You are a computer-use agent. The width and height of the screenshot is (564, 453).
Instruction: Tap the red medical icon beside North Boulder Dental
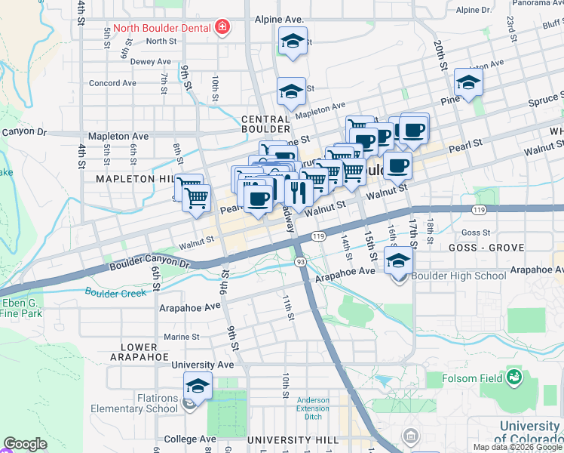tap(222, 29)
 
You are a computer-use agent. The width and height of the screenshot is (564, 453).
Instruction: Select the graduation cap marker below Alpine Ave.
tap(292, 42)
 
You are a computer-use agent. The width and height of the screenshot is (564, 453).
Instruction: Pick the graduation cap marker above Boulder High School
tap(398, 260)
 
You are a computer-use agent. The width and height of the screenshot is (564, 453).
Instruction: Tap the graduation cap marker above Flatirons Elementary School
tap(198, 386)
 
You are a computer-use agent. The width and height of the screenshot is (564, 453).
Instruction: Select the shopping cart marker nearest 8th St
tap(196, 199)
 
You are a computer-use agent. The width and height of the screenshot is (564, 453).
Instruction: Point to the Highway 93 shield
tap(300, 261)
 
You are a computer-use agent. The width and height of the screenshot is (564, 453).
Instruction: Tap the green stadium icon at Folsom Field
tap(515, 376)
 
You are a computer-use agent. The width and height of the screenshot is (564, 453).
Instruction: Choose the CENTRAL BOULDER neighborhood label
tap(265, 124)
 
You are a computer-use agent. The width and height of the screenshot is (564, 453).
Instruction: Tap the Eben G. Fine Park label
tap(21, 308)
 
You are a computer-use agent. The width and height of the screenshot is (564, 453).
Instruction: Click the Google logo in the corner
tap(25, 444)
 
